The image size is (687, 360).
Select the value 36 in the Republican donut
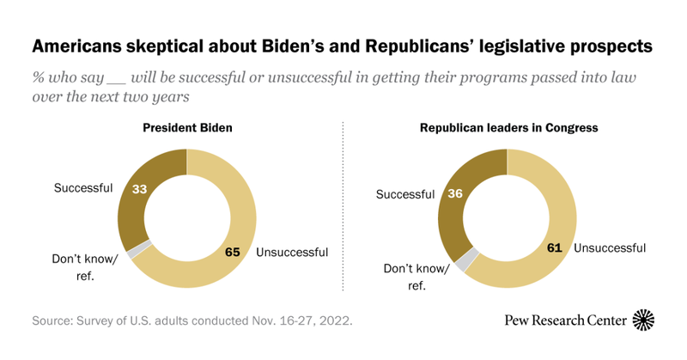(x=455, y=195)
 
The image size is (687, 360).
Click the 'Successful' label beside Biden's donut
(x=82, y=188)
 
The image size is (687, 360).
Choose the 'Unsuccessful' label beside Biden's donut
(x=293, y=252)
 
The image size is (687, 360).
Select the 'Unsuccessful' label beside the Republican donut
(x=610, y=248)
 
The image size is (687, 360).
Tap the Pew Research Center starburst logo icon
(x=644, y=320)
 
